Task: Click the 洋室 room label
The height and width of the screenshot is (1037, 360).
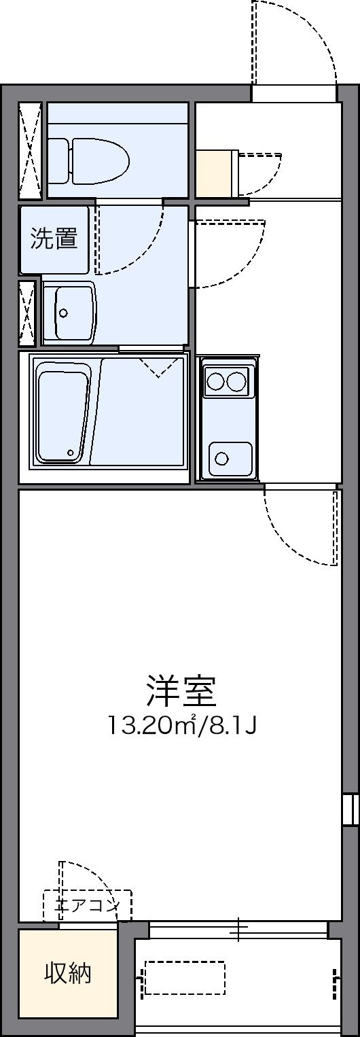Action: pyautogui.click(x=181, y=691)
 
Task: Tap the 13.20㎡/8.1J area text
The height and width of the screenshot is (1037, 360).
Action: pyautogui.click(x=181, y=726)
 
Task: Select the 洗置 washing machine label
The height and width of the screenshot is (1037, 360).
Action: pyautogui.click(x=54, y=239)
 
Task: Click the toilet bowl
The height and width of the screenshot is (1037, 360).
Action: pyautogui.click(x=88, y=160)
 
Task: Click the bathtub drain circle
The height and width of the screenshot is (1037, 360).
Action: pyautogui.click(x=71, y=453)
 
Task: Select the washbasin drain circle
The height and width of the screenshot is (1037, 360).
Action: pyautogui.click(x=63, y=313)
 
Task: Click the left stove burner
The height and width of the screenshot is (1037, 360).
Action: pyautogui.click(x=215, y=381)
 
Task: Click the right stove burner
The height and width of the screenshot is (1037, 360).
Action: pyautogui.click(x=236, y=381)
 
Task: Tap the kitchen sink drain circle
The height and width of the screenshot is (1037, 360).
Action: pyautogui.click(x=222, y=459)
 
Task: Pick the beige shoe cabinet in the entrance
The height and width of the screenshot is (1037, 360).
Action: pyautogui.click(x=217, y=173)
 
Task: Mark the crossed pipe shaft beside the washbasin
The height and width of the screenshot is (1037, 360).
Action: pyautogui.click(x=27, y=313)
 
